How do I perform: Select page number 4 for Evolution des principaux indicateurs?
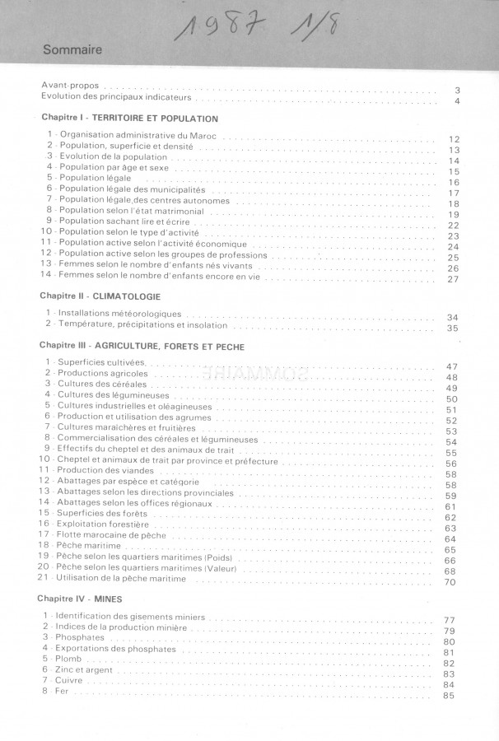456,101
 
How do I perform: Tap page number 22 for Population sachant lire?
453,226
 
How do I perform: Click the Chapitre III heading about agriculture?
142,347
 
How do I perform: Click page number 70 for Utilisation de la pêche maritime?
450,583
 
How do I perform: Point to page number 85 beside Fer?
449,696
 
